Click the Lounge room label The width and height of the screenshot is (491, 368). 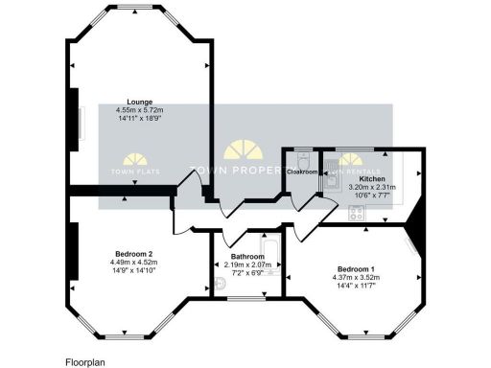pos(140,101)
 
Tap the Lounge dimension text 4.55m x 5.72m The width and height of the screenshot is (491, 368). pos(140,109)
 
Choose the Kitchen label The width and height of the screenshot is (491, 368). pos(372,179)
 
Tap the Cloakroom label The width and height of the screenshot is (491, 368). pos(303,171)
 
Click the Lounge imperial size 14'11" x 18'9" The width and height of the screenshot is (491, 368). pos(140,119)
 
